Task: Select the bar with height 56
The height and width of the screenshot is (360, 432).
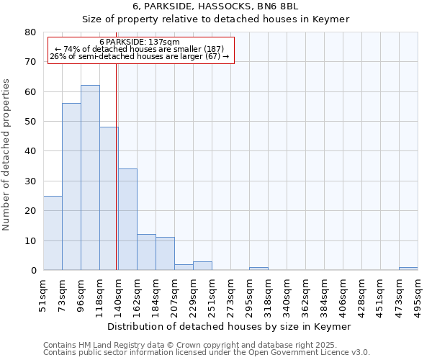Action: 71,186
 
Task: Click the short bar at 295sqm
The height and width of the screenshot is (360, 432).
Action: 258,269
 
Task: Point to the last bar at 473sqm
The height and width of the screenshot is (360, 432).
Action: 408,269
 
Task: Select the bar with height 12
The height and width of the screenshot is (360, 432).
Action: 146,252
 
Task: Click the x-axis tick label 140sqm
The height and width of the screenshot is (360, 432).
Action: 119,294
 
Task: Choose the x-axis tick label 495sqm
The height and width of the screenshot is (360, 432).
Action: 418,294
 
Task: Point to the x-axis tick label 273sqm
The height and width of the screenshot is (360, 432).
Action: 231,294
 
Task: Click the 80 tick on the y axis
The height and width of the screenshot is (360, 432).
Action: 30,32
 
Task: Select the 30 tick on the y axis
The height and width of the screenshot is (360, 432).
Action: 30,181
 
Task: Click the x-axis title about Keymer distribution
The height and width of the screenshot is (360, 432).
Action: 233,326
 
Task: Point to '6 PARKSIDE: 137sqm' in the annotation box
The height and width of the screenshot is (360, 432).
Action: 140,42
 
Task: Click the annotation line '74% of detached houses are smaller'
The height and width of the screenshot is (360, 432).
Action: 140,49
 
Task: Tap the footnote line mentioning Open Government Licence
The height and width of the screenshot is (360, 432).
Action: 207,352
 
